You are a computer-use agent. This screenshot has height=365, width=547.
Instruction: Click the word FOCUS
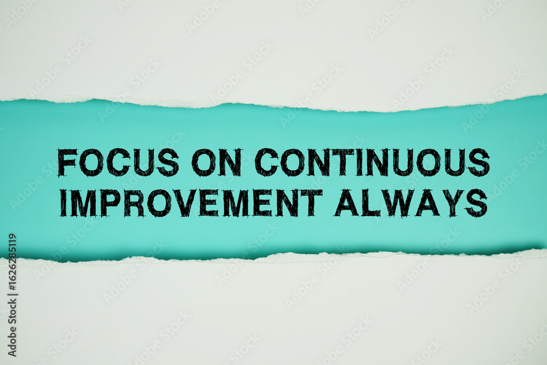pos(118,163)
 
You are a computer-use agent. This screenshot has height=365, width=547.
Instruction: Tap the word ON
pos(216,163)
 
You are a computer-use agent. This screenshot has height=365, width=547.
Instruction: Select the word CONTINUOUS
pos(372,163)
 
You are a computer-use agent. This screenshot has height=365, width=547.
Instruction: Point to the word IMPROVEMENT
pos(191,203)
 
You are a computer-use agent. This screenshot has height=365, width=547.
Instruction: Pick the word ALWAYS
pos(411,203)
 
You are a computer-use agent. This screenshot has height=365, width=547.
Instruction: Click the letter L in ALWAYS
pos(370,203)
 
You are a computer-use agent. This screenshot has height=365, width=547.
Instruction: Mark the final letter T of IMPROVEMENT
pos(311,203)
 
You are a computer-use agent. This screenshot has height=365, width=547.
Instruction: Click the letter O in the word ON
pos(204,163)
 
